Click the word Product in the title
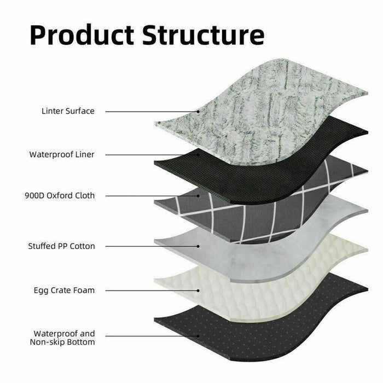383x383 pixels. click(x=82, y=34)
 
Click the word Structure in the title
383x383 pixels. click(x=203, y=34)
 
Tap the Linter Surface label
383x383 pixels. click(x=68, y=111)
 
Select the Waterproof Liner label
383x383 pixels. click(x=62, y=154)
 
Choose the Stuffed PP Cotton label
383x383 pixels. click(x=61, y=246)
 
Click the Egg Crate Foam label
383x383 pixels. click(x=64, y=290)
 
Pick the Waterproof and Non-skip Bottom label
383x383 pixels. click(x=64, y=338)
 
